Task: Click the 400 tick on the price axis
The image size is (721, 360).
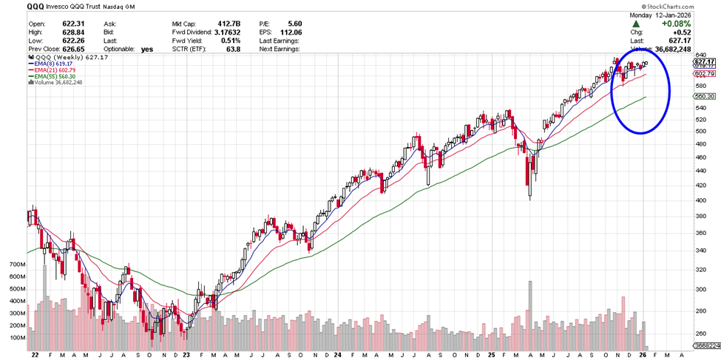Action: [700, 200]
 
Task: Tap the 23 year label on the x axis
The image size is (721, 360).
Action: [186, 354]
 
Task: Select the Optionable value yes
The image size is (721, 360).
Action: [146, 49]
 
